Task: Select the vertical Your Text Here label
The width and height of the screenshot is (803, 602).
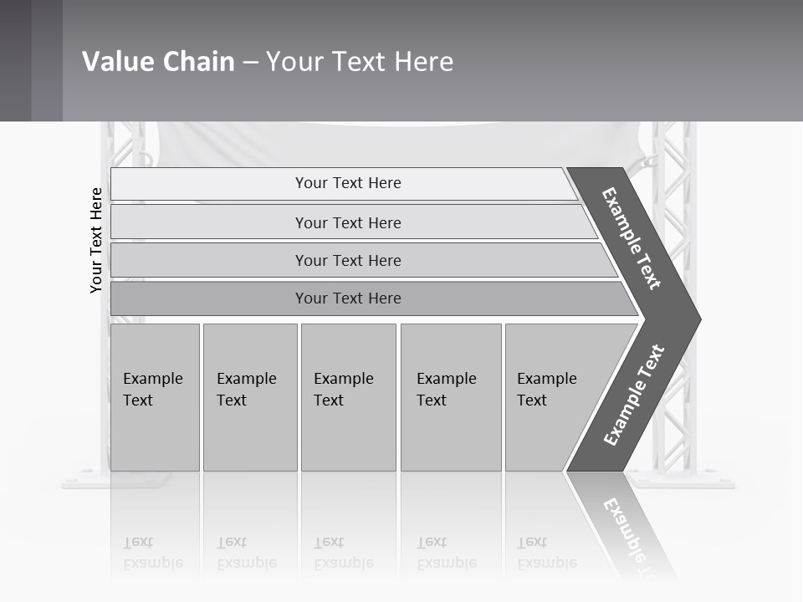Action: [97, 241]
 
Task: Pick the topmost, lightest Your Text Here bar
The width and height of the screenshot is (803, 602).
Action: [348, 183]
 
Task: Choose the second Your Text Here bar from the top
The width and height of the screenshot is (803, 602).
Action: [348, 222]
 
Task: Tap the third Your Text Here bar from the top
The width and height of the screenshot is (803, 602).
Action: [348, 260]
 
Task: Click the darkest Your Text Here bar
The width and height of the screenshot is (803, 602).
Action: [348, 298]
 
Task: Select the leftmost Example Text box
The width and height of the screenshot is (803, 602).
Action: [155, 397]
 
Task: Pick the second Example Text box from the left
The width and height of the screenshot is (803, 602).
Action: [249, 397]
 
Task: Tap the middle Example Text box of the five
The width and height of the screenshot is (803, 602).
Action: [347, 397]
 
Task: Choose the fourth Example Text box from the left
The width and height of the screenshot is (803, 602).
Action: [450, 397]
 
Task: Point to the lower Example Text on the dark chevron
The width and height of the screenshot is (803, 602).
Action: [633, 395]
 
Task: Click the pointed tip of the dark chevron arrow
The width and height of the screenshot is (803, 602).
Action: [696, 319]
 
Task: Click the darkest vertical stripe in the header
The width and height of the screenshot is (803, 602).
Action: [15, 60]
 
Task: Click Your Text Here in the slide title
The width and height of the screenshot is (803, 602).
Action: [360, 61]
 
